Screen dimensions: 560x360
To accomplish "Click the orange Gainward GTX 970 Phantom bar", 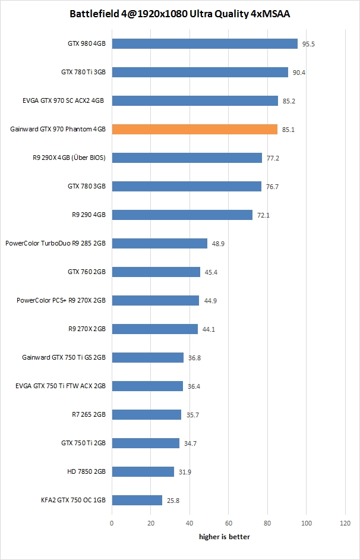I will tap(194, 129).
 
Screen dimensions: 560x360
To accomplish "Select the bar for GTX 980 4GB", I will tap(204, 43).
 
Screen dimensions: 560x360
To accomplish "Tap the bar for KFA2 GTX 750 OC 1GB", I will tap(137, 500).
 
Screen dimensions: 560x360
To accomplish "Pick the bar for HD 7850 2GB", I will tap(143, 471).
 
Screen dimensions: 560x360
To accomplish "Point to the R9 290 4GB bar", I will tap(182, 215).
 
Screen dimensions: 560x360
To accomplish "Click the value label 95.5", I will tap(308, 44).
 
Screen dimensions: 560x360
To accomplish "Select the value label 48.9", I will tap(218, 244).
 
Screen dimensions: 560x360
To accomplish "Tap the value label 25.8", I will tap(173, 501).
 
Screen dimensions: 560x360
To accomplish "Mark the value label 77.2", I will tap(273, 158).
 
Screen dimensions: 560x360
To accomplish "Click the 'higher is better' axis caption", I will tap(224, 537).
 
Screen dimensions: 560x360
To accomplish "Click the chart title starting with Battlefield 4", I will tap(180, 13).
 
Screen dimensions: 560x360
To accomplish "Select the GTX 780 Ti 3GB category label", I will tap(83, 72).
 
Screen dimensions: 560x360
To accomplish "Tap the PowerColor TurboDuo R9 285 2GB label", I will tap(55, 243).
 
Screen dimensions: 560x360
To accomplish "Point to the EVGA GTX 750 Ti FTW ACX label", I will tap(61, 386).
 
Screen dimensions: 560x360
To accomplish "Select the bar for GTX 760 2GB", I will tap(156, 272).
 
